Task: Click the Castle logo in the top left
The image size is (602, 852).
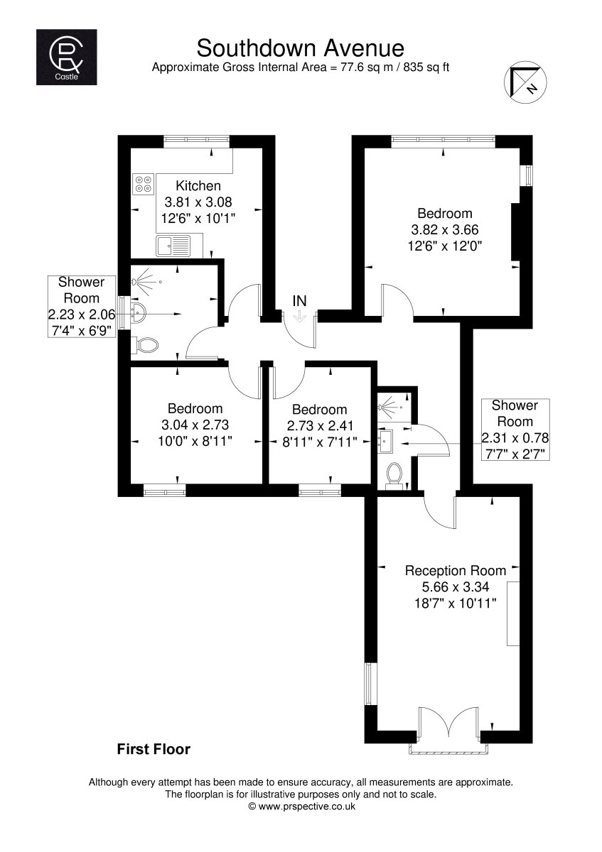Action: [x=66, y=57]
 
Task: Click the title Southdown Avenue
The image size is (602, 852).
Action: [x=300, y=48]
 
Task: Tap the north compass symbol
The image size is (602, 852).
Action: [x=525, y=82]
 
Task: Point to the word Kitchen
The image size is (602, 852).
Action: [x=198, y=185]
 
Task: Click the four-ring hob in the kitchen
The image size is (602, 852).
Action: [x=144, y=184]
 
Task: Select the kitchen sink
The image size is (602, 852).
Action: [x=173, y=246]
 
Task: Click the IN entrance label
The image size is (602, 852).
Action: [x=299, y=301]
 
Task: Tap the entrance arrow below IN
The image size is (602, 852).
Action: [x=300, y=316]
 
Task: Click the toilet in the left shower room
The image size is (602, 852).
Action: [x=145, y=345]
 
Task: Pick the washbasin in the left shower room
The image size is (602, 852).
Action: [x=137, y=313]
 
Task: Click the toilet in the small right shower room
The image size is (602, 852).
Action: [x=394, y=476]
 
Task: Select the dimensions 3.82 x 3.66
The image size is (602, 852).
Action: [x=445, y=230]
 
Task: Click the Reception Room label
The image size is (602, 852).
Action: [x=456, y=571]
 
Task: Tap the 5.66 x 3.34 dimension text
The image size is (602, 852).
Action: [x=456, y=587]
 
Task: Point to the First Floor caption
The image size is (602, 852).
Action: [x=154, y=749]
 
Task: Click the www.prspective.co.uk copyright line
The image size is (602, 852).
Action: [x=301, y=807]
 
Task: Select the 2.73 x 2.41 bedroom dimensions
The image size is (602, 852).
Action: [x=319, y=425]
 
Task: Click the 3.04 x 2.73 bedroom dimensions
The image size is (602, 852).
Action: [x=195, y=425]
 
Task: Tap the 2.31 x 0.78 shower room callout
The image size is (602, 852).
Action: [x=515, y=438]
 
